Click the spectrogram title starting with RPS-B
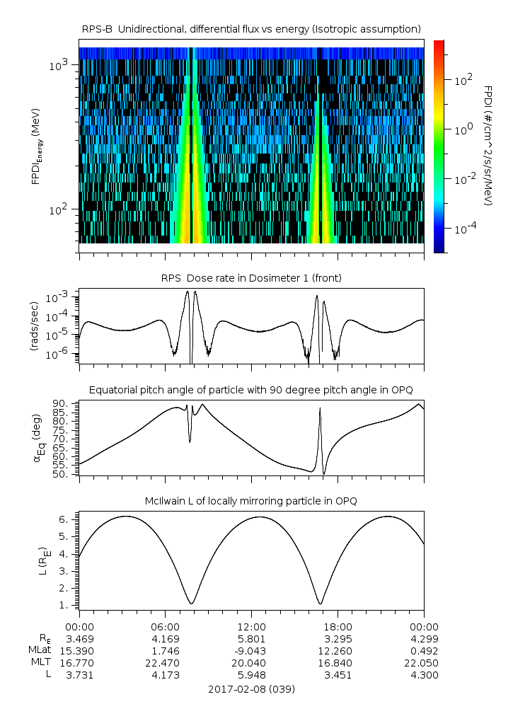tap(251, 28)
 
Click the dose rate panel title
tap(251, 278)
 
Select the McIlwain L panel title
tap(251, 501)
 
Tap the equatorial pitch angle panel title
tap(251, 390)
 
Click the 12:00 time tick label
tap(251, 626)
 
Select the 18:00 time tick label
tap(338, 626)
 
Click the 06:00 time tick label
tap(165, 626)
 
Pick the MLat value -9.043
tap(251, 651)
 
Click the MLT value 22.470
tap(165, 663)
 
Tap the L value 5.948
tap(251, 675)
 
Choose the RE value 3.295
tap(338, 639)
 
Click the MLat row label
tap(39, 651)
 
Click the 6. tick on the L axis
tap(67, 519)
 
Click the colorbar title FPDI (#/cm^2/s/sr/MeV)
tap(489, 145)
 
